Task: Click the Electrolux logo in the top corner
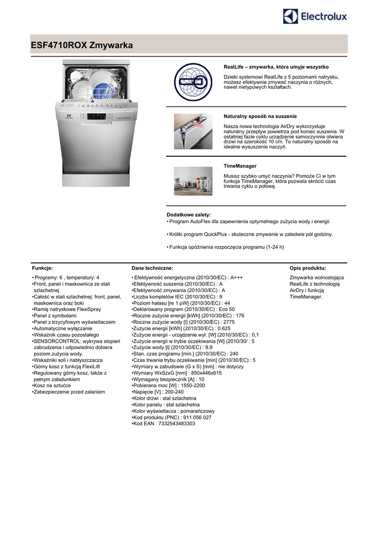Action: coord(315,17)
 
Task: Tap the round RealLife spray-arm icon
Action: coord(193,83)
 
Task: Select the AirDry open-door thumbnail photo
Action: coord(193,131)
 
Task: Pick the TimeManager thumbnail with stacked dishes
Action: coord(193,181)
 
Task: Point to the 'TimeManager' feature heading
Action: coord(240,166)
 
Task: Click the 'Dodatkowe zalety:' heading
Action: coord(188,215)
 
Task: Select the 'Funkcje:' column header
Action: coord(42,267)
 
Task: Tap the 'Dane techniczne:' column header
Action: coord(152,267)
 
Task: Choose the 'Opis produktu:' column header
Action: coord(308,267)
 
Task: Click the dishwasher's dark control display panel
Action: coord(97,116)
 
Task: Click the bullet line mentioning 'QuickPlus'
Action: coord(251,235)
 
